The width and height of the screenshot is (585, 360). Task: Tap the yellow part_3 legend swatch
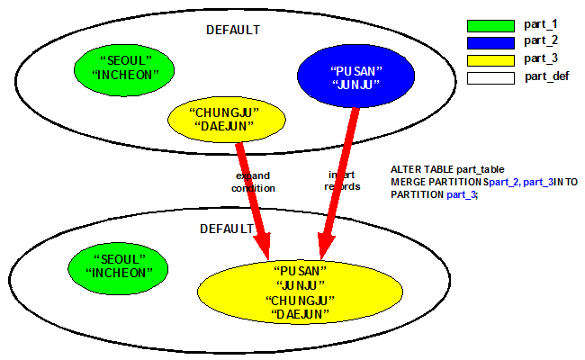click(489, 59)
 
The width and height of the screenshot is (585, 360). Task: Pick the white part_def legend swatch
click(489, 76)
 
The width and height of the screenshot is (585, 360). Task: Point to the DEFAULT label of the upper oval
click(232, 30)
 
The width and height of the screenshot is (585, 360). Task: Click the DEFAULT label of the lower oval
click(226, 229)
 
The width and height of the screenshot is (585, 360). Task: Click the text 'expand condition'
click(254, 181)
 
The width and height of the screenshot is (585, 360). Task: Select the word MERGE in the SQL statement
click(409, 182)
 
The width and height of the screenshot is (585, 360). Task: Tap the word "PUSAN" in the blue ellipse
click(356, 71)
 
